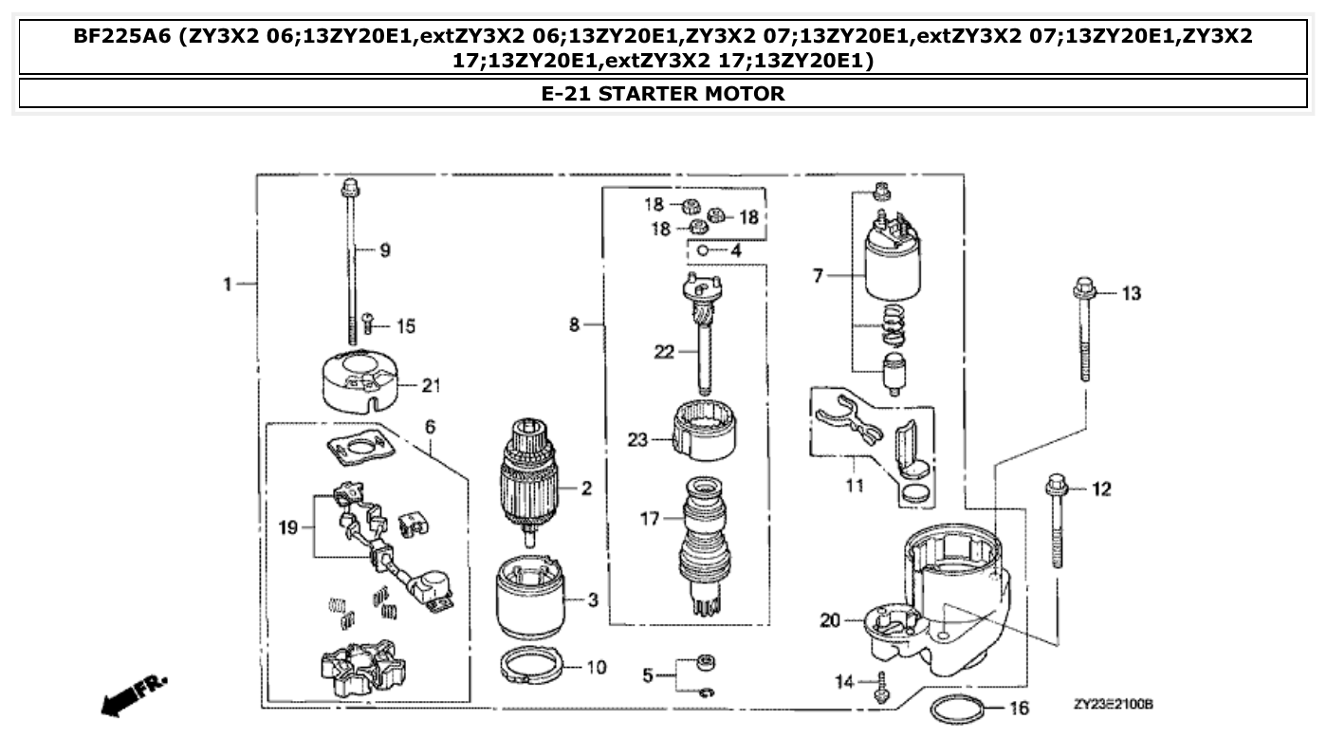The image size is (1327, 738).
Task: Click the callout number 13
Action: point(1131,294)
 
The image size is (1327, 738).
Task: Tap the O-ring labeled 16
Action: point(957,708)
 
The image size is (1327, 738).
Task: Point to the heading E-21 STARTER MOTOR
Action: point(663,94)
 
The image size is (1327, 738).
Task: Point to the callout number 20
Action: point(829,620)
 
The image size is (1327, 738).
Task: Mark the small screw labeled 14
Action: point(881,682)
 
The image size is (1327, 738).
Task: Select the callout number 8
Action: point(574,325)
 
